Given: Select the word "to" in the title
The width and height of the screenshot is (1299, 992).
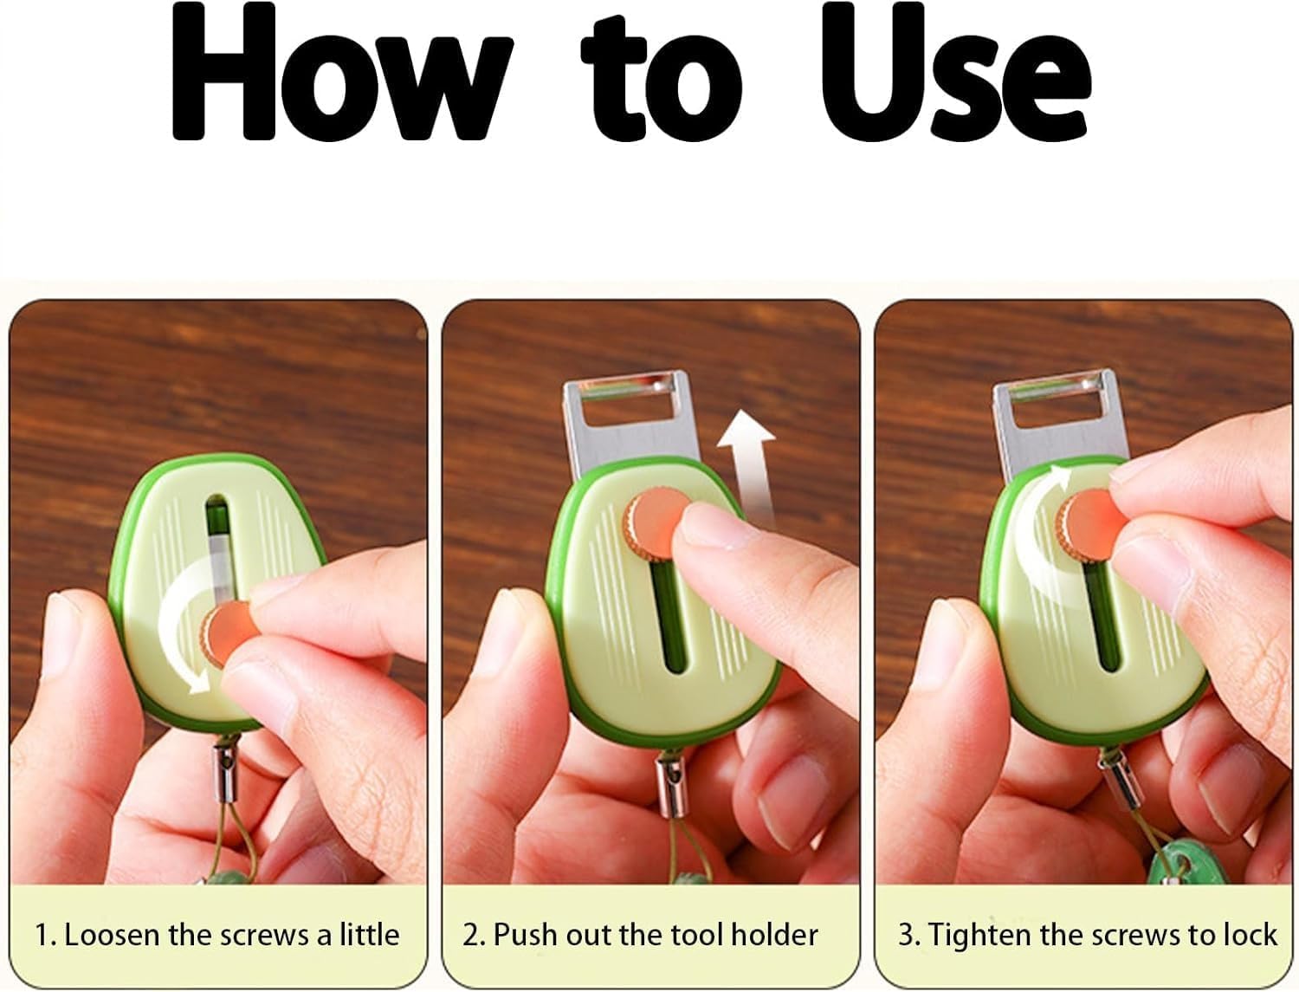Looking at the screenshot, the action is coord(662,78).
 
